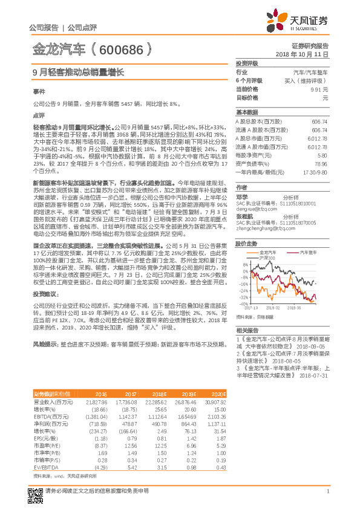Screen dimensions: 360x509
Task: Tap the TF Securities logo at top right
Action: coord(303,21)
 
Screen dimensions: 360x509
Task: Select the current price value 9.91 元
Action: coord(318,89)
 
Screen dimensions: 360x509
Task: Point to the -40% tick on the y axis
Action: coord(244,305)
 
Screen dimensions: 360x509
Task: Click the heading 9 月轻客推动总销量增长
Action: coord(77,72)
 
